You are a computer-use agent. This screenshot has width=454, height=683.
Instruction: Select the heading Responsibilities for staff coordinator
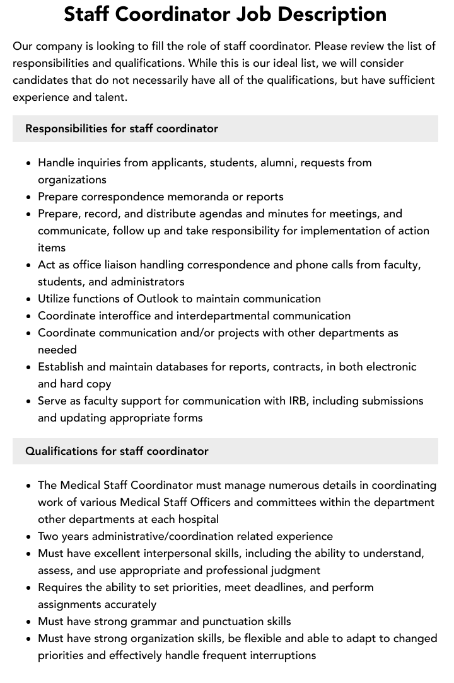[122, 129]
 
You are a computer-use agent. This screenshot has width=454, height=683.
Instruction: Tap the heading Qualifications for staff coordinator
[117, 451]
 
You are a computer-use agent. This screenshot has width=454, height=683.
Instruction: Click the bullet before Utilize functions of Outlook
[29, 299]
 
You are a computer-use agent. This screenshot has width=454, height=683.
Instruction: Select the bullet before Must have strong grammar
[29, 622]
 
